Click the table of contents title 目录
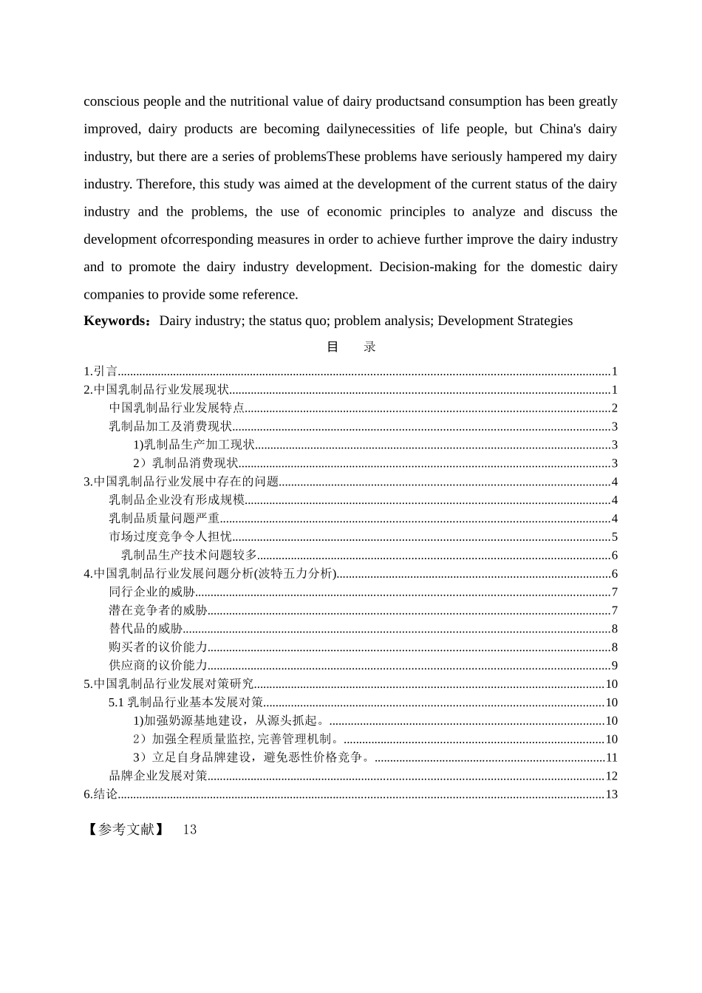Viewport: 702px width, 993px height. (351, 347)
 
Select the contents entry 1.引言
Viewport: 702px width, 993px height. (100, 372)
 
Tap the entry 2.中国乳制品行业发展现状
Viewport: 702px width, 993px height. (157, 390)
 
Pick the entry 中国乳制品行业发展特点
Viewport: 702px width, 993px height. (177, 408)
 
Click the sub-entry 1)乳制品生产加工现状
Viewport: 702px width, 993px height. (194, 445)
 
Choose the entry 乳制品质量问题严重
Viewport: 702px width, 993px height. (164, 519)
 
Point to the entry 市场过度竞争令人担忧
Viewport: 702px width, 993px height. (170, 536)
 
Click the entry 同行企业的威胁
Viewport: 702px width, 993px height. (151, 592)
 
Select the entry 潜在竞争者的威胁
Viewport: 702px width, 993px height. (157, 610)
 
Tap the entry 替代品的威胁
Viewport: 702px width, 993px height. (146, 629)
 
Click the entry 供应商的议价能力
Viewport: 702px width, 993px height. (157, 666)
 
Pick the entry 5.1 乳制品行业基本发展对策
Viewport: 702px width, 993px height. (185, 703)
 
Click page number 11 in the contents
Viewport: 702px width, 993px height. (611, 757)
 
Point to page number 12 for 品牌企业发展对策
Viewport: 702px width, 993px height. (611, 776)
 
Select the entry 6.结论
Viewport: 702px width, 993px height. (100, 794)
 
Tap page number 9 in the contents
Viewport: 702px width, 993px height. (614, 666)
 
